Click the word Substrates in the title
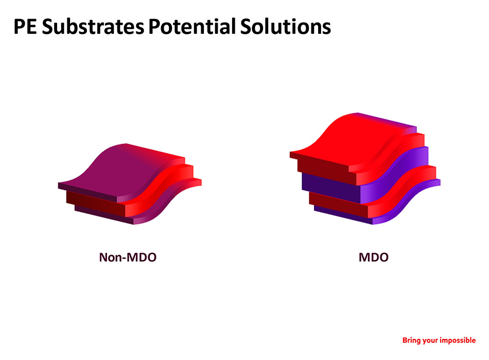tap(93, 26)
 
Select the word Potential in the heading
tap(192, 26)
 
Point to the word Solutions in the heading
tap(285, 26)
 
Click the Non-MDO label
tap(128, 258)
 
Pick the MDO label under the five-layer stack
tap(374, 258)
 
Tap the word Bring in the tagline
tap(411, 340)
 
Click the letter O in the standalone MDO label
tap(383, 258)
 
